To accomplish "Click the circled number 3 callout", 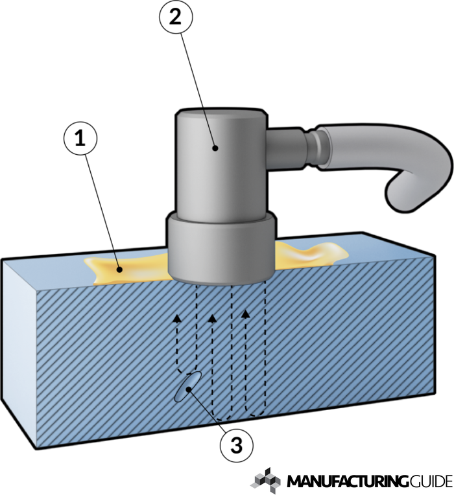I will point(235,445).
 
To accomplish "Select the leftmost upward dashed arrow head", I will point(176,317).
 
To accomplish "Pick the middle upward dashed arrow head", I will point(211,317).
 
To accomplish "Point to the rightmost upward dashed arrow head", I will point(245,314).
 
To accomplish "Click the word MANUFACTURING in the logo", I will point(347,482).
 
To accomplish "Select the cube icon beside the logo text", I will point(266,480).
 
